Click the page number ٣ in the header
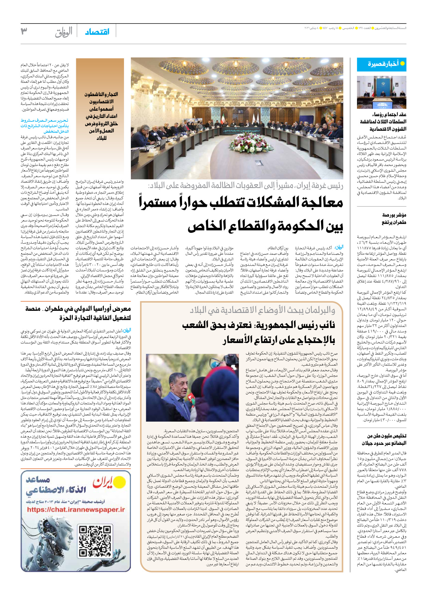pyautogui.click(x=24, y=31)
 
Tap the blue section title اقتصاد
pyautogui.click(x=97, y=32)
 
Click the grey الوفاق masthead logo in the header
pyautogui.click(x=64, y=32)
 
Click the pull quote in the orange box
pyautogui.click(x=100, y=116)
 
